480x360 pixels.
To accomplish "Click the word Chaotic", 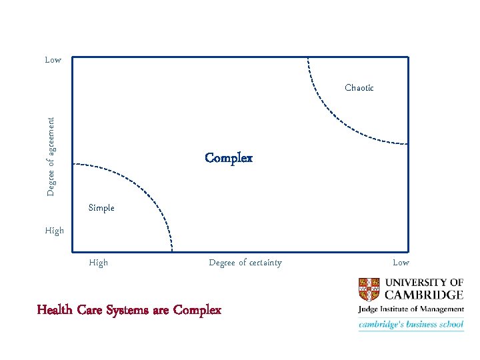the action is pyautogui.click(x=359, y=87).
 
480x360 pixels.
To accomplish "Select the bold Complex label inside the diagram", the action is pyautogui.click(x=229, y=159).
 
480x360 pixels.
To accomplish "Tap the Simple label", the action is pyautogui.click(x=101, y=208).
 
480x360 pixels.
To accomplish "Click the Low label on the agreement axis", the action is pyautogui.click(x=53, y=60).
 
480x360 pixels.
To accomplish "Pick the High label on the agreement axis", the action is pyautogui.click(x=55, y=231).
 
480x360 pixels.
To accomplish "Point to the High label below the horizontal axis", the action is pyautogui.click(x=98, y=263).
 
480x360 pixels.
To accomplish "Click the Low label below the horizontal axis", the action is pyautogui.click(x=401, y=263).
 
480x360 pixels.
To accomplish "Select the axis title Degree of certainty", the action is pyautogui.click(x=245, y=263).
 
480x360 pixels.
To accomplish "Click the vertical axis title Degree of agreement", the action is pyautogui.click(x=51, y=157).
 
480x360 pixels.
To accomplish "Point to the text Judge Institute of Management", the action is pyautogui.click(x=411, y=309).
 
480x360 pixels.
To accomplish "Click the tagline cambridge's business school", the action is pyautogui.click(x=411, y=325).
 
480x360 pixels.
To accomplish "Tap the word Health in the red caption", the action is pyautogui.click(x=54, y=310).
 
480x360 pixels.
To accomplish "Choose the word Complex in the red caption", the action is pyautogui.click(x=197, y=310).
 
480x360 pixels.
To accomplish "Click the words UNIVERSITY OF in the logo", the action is pyautogui.click(x=427, y=282).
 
